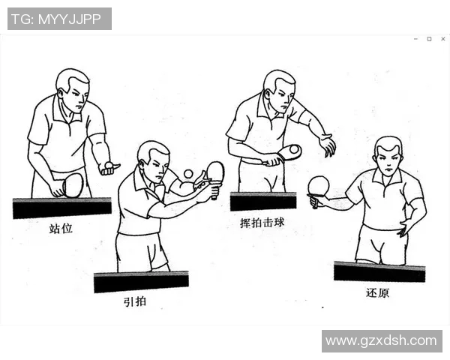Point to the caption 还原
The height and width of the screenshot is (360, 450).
click(378, 292)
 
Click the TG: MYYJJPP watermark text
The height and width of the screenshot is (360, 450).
click(59, 19)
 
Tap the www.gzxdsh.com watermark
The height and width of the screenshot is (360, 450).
click(381, 340)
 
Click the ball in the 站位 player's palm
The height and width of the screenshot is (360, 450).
click(109, 164)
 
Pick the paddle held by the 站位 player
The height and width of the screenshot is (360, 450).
click(72, 184)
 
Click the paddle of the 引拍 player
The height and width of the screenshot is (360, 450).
click(215, 172)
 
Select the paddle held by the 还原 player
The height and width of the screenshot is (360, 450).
click(319, 186)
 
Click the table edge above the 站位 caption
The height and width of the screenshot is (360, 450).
click(61, 208)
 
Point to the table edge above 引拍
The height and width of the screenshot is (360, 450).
click(141, 282)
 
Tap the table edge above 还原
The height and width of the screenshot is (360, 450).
click(379, 271)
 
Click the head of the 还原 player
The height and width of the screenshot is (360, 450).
click(388, 156)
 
